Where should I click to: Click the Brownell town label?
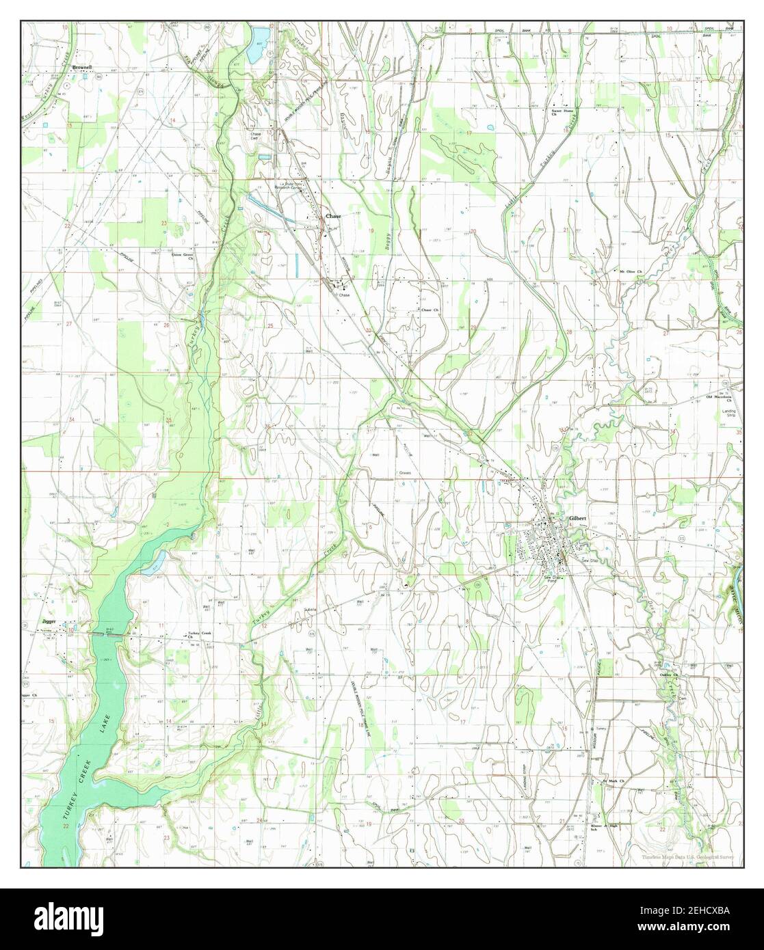pyautogui.click(x=81, y=68)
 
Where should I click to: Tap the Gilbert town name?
pyautogui.click(x=578, y=519)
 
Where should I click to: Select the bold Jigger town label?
pyautogui.click(x=48, y=623)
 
